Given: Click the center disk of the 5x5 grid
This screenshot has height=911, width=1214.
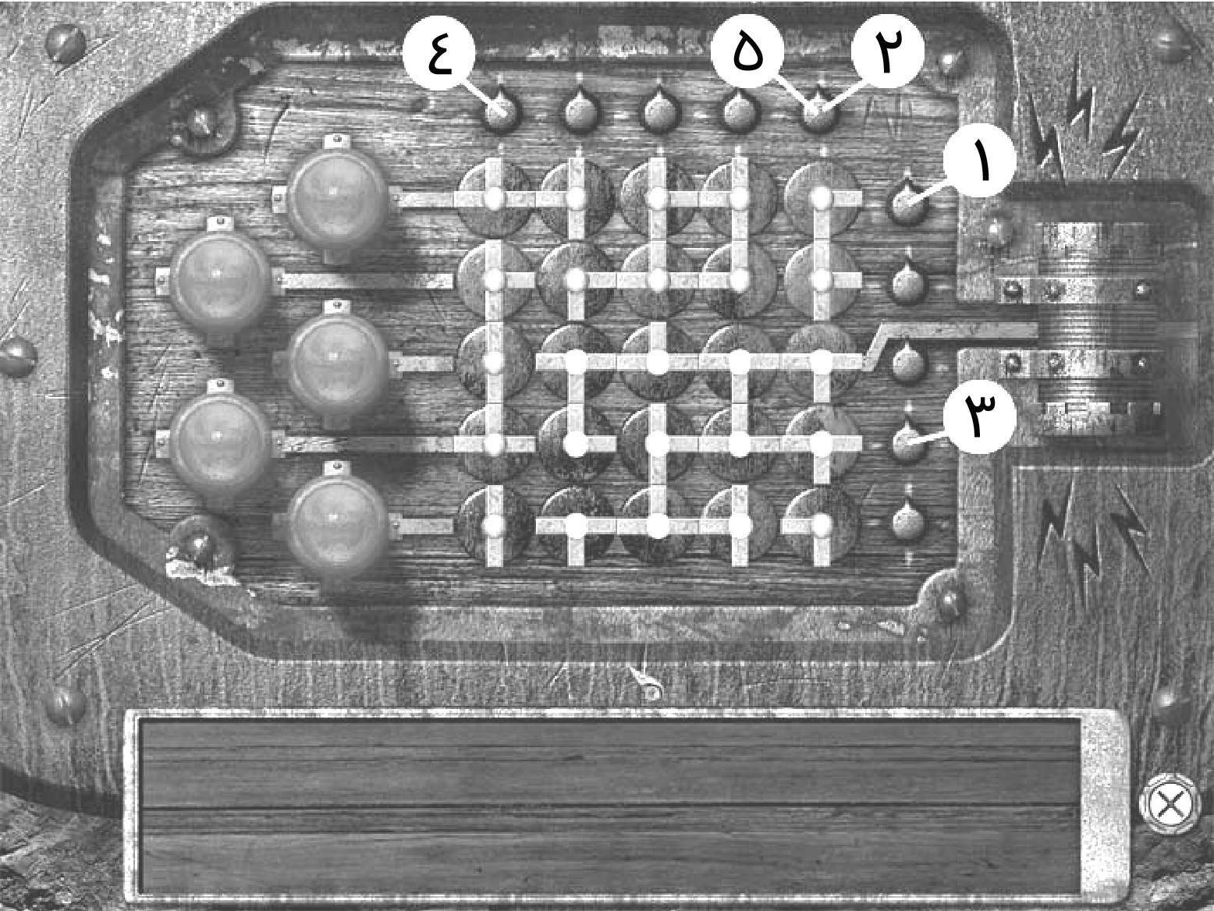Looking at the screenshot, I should click(658, 362).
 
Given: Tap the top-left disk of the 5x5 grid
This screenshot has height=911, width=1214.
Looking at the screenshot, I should click(493, 198).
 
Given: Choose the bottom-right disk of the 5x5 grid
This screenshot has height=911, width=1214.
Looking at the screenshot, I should click(821, 526).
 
